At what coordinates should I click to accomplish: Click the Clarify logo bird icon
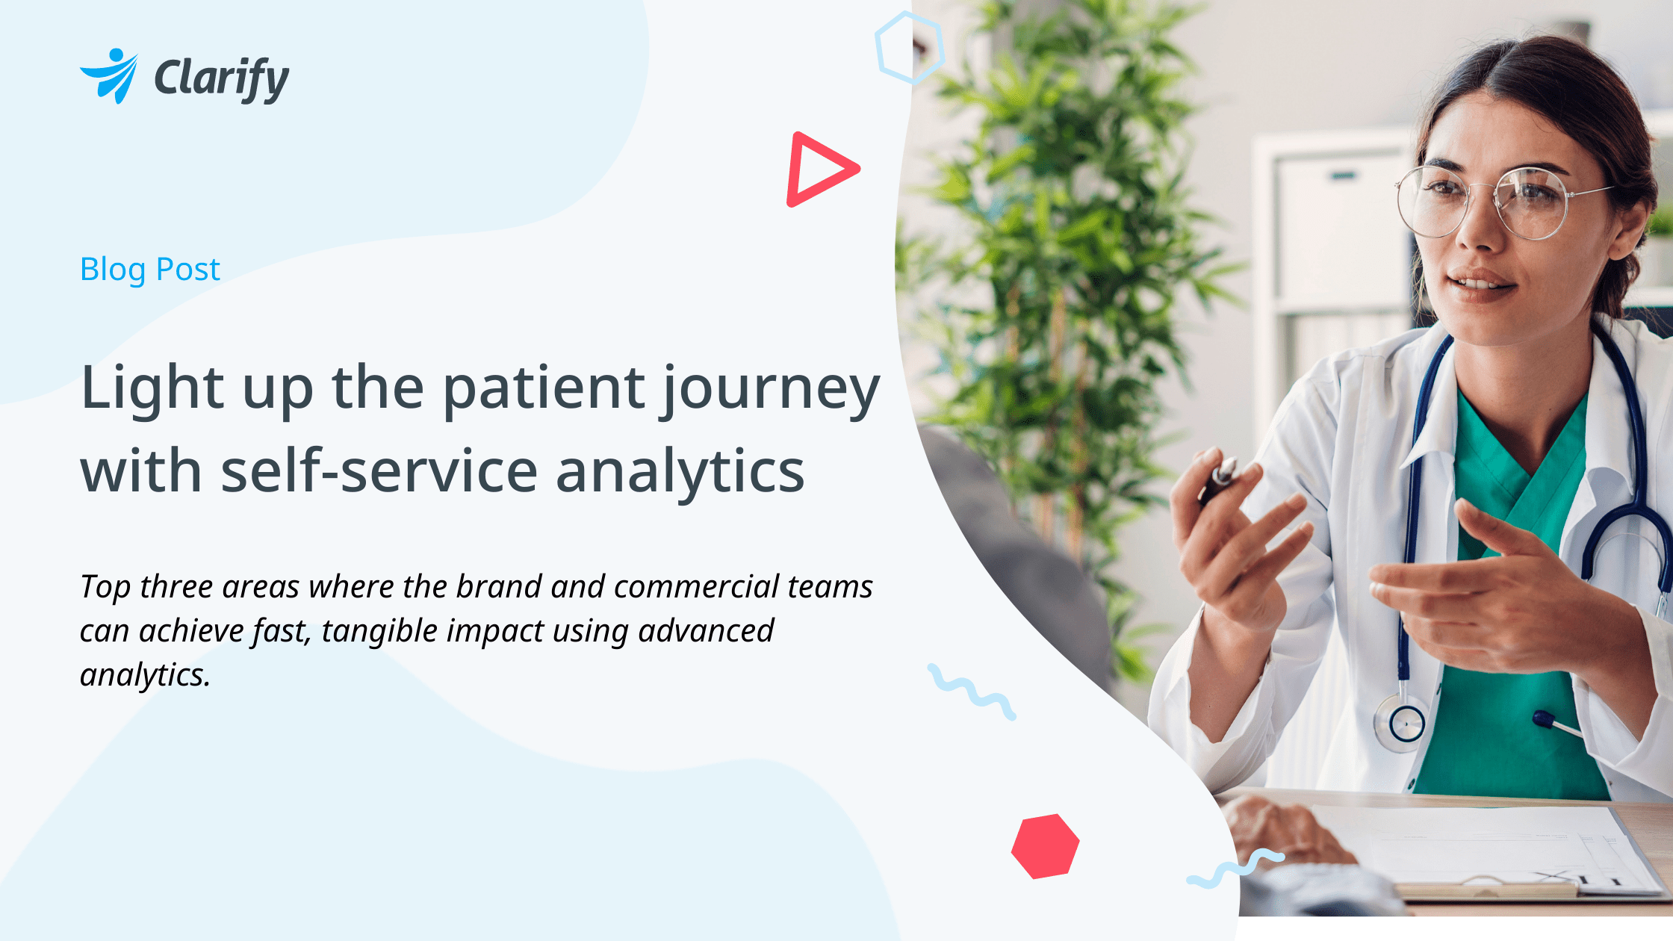coord(111,75)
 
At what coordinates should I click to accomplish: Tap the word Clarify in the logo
coord(221,78)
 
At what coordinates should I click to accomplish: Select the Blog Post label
coord(150,270)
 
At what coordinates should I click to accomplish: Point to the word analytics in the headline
coord(680,472)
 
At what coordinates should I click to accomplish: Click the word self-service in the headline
coord(379,472)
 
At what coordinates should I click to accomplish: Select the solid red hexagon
coord(1045,846)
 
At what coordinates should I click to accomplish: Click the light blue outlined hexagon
coord(909,48)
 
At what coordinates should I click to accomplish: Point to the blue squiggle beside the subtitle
coord(971,692)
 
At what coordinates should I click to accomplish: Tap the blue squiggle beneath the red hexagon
coord(1234,869)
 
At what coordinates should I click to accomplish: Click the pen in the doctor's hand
coord(1219,479)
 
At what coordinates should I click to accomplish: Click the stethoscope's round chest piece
coord(1406,723)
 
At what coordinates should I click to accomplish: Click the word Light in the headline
coord(152,389)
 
